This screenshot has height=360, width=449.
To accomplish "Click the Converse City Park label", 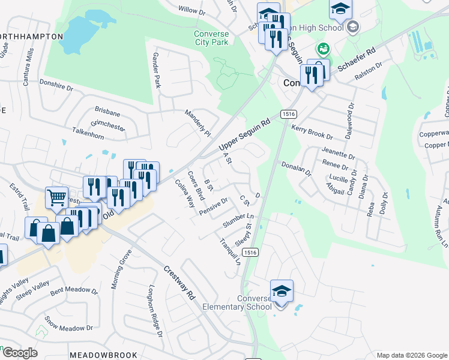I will point(211,37).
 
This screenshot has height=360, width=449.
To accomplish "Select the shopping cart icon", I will point(56,197).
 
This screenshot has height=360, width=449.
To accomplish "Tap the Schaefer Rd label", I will point(356,58).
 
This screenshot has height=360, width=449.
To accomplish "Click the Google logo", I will point(19,353).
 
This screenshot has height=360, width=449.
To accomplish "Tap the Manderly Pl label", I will point(198,122).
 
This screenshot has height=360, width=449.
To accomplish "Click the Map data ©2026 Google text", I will point(411,355).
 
